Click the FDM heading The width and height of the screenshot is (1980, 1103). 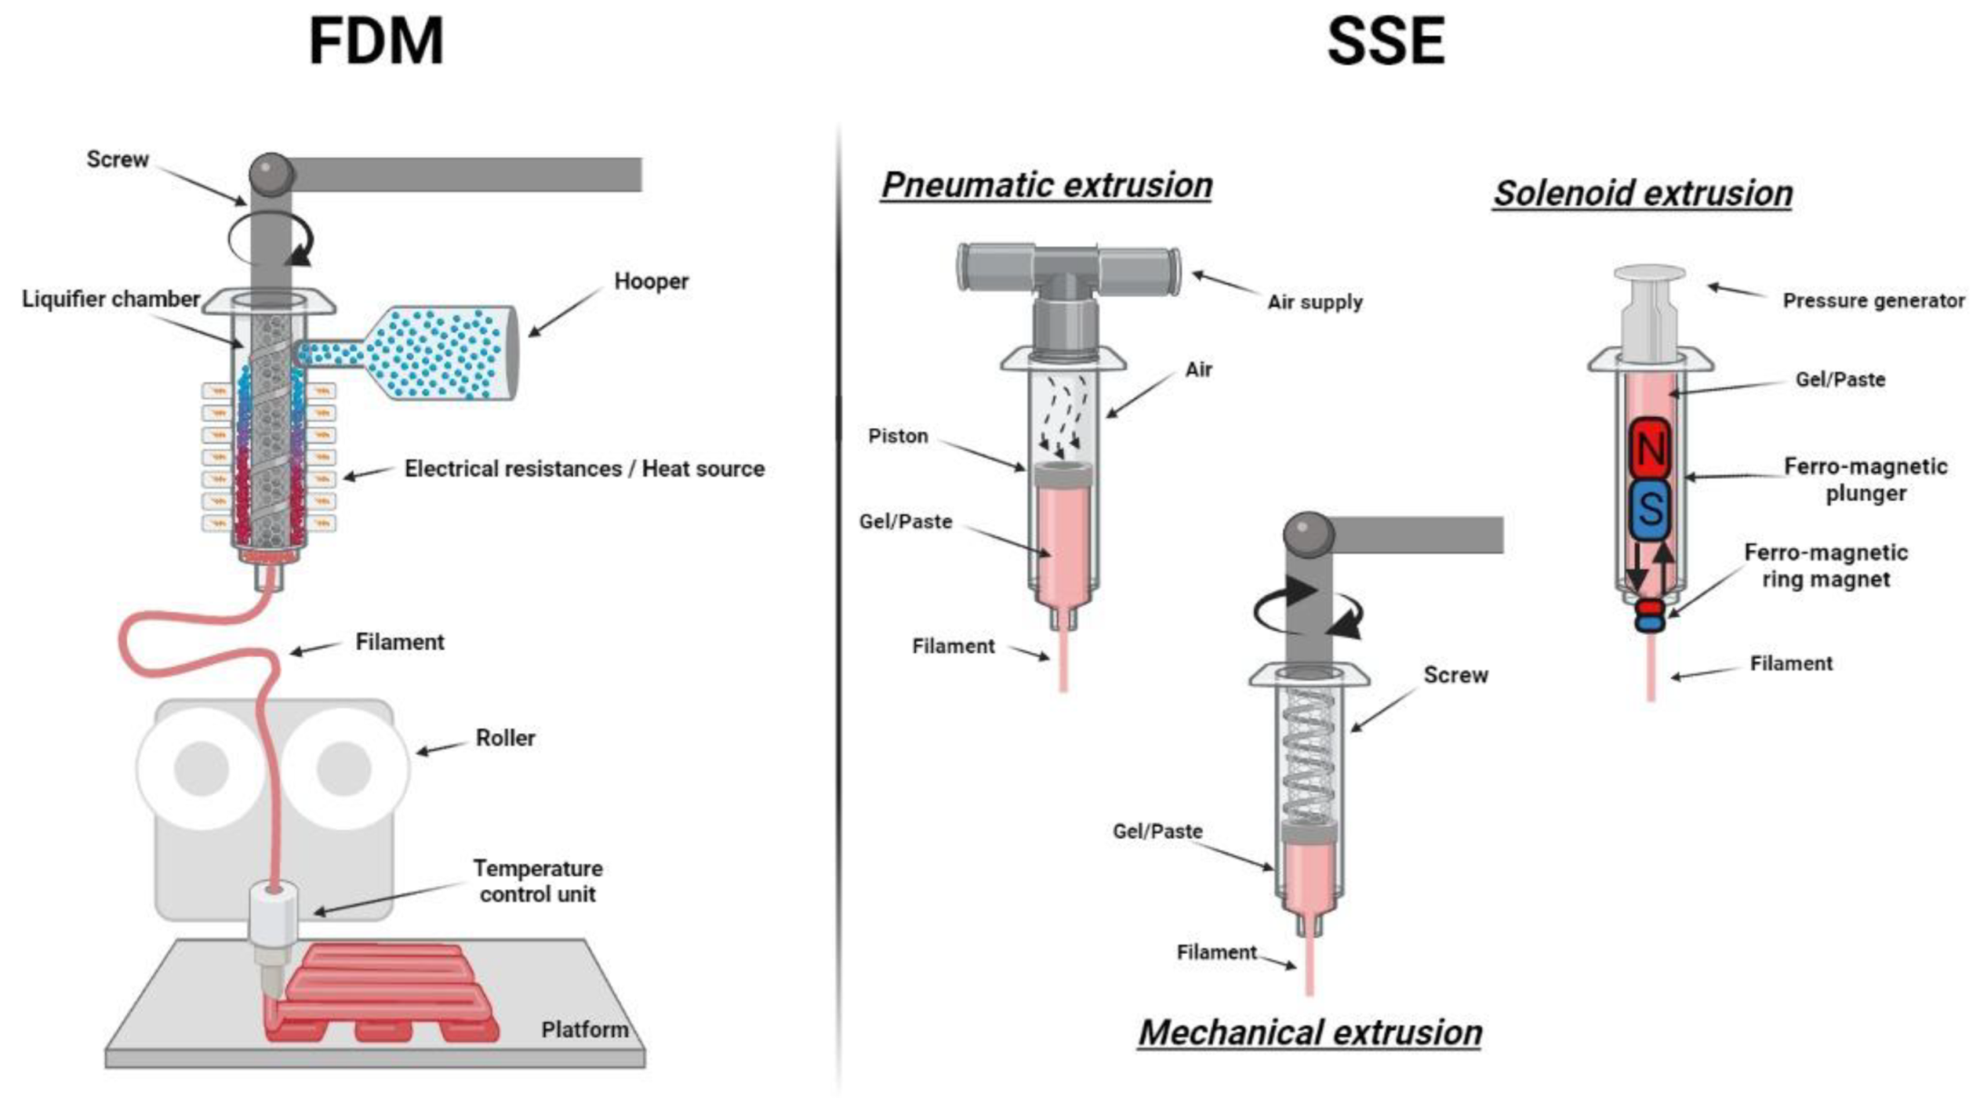[x=376, y=42]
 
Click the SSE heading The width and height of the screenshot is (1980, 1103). [x=1385, y=42]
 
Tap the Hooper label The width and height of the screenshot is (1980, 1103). [x=651, y=282]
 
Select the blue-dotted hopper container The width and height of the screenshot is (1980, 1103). [x=445, y=353]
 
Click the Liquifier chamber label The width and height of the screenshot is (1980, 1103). [x=110, y=299]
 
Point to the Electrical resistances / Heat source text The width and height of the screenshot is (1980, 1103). [x=584, y=469]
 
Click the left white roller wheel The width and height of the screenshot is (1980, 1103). [x=202, y=768]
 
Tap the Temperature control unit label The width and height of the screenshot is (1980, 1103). [x=537, y=880]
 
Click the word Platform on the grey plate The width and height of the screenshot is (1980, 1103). [x=584, y=1029]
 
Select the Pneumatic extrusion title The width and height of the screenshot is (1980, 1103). [x=1047, y=185]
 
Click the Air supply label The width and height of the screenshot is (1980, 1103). [x=1315, y=302]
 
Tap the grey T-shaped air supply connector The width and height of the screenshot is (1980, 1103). [x=1069, y=273]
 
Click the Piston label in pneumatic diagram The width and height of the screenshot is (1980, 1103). [x=898, y=436]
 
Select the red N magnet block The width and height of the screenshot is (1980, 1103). [x=1650, y=449]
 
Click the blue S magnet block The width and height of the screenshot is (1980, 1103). [x=1650, y=510]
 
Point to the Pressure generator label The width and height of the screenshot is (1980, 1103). [x=1873, y=301]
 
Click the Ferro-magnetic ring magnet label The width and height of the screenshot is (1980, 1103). [x=1825, y=565]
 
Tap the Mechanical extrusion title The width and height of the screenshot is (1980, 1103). [x=1309, y=1033]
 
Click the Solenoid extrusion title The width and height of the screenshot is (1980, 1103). [x=1643, y=194]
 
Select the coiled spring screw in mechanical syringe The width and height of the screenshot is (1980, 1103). [x=1308, y=754]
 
